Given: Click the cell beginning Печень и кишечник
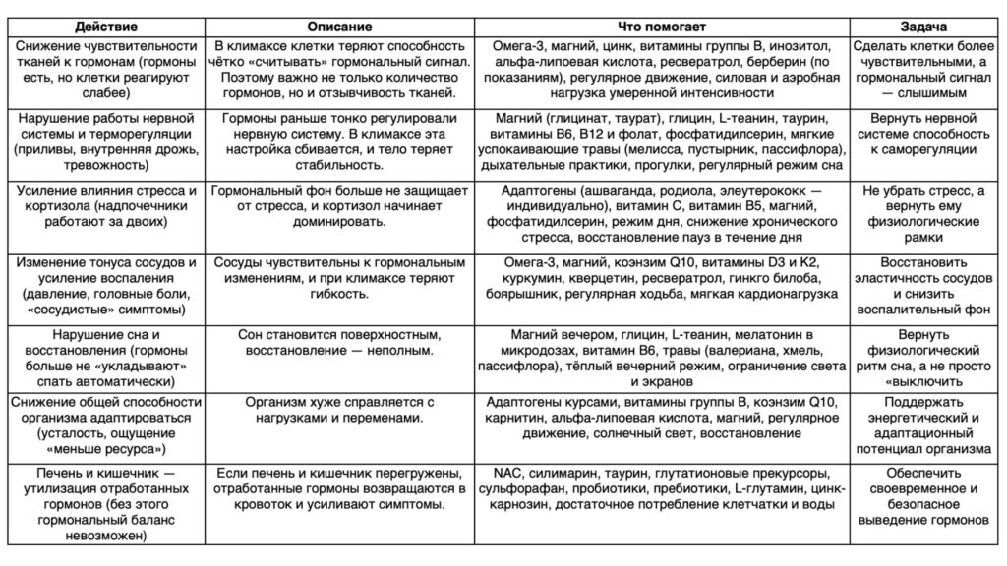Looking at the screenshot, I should tap(104, 504).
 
